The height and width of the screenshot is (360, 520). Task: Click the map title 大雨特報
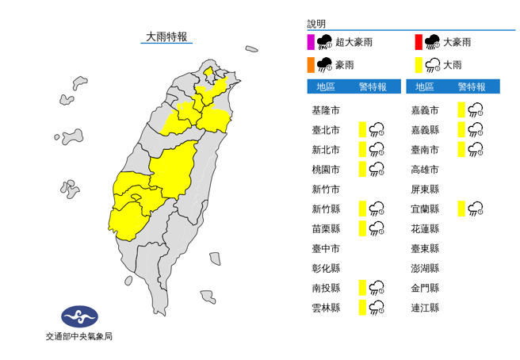point(166,36)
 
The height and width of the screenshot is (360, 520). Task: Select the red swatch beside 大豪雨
point(417,42)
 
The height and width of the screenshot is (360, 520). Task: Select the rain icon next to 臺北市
point(377,129)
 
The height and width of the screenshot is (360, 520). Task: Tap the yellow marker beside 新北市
point(361,149)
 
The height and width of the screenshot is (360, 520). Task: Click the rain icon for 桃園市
point(377,169)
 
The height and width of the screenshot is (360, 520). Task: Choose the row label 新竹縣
point(327,209)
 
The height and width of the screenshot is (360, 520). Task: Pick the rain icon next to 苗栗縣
point(377,228)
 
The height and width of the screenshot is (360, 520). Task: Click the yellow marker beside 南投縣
point(361,288)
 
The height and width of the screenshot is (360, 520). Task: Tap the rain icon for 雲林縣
point(377,308)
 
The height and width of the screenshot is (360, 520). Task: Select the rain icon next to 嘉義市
point(476,109)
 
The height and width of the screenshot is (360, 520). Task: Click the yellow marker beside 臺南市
point(461,149)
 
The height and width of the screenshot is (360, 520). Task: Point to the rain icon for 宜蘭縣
point(476,209)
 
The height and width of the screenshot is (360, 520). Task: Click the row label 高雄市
point(426,169)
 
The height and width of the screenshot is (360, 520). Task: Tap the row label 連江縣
point(426,308)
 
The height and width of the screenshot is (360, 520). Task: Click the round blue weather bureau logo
point(79,316)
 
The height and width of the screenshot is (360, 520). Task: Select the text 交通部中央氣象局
point(79,337)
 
